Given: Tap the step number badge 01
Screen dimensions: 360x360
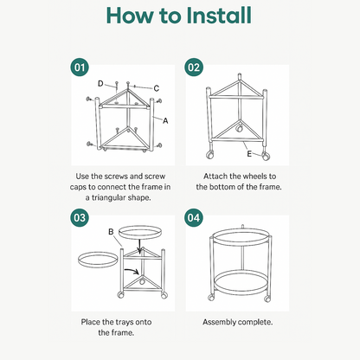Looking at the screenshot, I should click(x=79, y=67).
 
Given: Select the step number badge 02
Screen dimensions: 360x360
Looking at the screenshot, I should click(x=194, y=67).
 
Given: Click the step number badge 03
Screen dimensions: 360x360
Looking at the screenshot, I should click(x=79, y=217).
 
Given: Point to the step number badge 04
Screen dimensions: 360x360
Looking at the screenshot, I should click(x=194, y=217).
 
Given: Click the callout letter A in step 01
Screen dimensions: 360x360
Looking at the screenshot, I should click(x=165, y=121).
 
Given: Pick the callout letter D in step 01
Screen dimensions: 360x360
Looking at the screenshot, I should click(x=100, y=83).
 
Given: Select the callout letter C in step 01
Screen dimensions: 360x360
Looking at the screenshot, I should click(x=156, y=88).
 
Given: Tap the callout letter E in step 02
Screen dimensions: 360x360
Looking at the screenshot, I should click(x=249, y=156).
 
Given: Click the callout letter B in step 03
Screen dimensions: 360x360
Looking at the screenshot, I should click(x=110, y=231).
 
